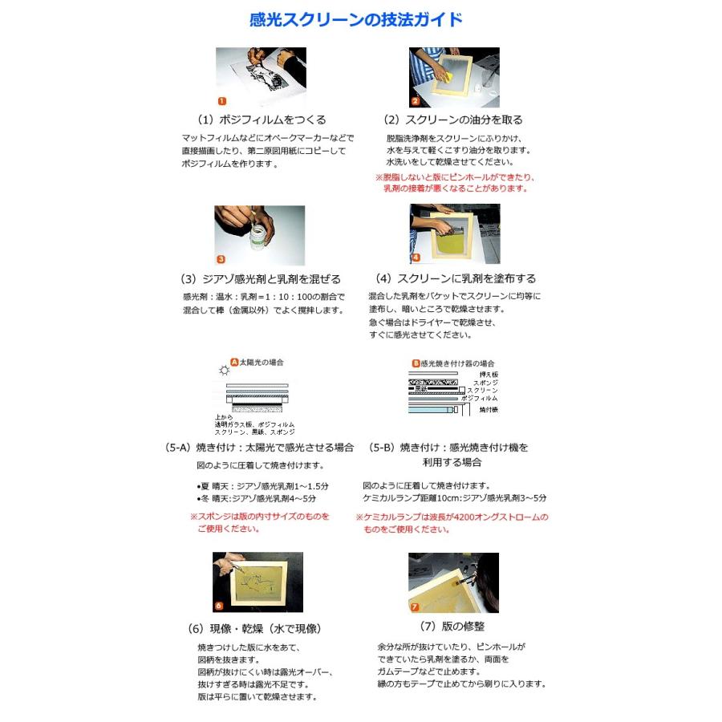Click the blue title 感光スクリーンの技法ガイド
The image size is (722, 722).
tap(356, 20)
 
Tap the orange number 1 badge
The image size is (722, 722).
tap(222, 101)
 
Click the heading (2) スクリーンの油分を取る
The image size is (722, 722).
tap(452, 120)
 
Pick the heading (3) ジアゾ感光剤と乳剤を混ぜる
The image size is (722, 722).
tap(261, 279)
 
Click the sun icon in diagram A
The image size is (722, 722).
tap(224, 370)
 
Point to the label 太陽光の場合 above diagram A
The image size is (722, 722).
tap(262, 362)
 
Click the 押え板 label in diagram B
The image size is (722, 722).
tap(489, 374)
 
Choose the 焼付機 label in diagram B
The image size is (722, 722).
tap(488, 409)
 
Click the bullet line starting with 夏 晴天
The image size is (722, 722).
tap(264, 486)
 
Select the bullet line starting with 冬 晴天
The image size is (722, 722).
tap(264, 498)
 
